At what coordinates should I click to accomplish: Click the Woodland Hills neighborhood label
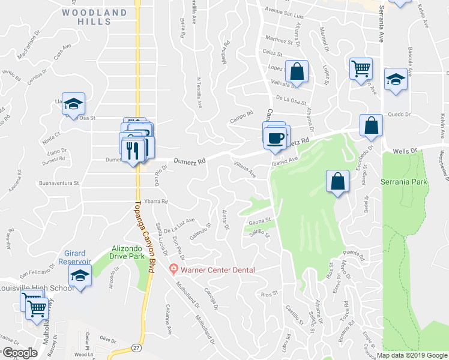point(95,17)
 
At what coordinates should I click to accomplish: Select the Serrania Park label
point(404,181)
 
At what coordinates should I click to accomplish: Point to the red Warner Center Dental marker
point(174,269)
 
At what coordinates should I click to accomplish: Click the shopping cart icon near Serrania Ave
point(361,69)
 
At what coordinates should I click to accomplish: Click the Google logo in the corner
point(19,353)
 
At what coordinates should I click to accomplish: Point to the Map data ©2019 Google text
point(412,355)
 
